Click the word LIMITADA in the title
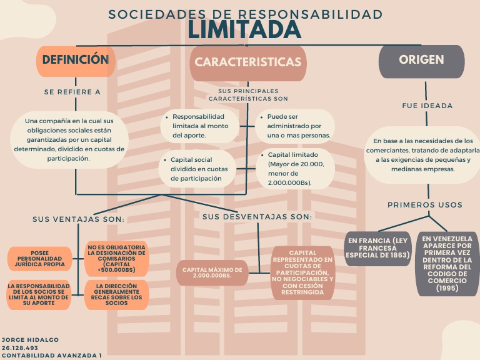pos(244,30)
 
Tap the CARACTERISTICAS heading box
pos(247,62)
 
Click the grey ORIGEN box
pos(421,61)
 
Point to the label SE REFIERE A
pos(72,92)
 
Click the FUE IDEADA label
pos(427,106)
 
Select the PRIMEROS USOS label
pos(425,205)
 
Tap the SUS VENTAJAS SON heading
pos(79,219)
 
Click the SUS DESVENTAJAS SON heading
pos(257,216)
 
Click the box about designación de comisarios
pos(116,258)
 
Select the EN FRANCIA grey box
pos(378,247)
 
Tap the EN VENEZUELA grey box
pos(447,263)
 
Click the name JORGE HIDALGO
pos(30,339)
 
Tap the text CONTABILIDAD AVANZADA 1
pos(51,355)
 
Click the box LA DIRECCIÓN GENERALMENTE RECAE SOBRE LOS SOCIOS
pos(116,294)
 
